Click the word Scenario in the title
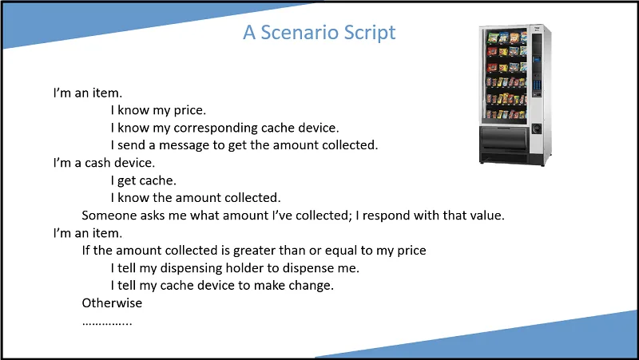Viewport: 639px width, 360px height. coord(300,32)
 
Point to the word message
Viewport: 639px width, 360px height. coord(184,146)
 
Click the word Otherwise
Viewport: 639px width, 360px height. coord(112,303)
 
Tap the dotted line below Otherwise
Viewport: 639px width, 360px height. coord(107,324)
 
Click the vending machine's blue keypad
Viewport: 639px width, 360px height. coord(537,85)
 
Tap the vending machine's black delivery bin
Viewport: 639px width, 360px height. coord(505,138)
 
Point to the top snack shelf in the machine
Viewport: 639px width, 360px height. coord(506,38)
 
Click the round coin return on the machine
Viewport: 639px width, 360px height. coord(536,129)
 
